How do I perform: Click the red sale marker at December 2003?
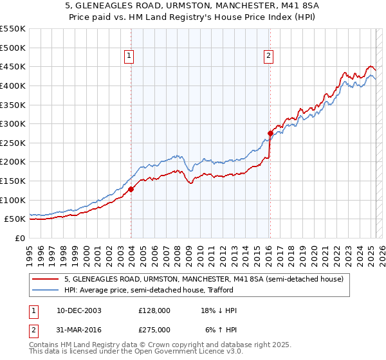click(131, 189)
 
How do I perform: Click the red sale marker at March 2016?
click(270, 133)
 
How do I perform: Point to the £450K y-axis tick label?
click(14, 66)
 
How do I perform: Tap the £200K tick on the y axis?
click(14, 162)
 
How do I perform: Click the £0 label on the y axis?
click(20, 238)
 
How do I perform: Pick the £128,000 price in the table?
click(154, 310)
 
